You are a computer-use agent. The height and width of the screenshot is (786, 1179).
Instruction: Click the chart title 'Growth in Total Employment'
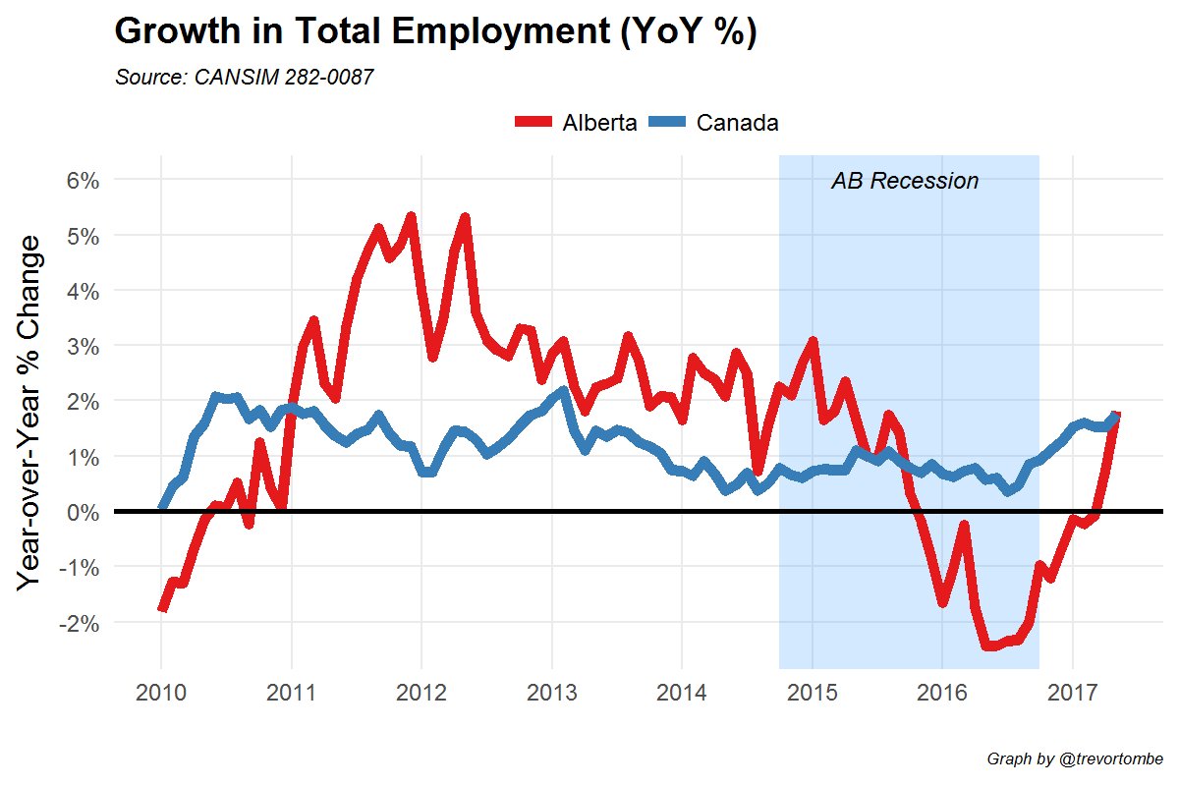click(x=435, y=32)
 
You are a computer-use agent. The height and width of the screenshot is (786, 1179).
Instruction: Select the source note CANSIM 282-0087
click(x=245, y=78)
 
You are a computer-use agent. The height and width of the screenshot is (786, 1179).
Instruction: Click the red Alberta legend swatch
click(x=534, y=123)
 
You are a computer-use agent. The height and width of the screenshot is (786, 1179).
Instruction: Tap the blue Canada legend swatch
click(x=668, y=123)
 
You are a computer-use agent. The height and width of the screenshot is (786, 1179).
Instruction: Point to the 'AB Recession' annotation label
click(x=905, y=181)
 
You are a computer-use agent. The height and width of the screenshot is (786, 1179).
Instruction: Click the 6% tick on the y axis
click(x=81, y=180)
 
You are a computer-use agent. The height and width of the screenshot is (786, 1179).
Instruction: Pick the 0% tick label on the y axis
click(x=81, y=512)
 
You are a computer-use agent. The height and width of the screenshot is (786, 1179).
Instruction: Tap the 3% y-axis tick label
click(x=81, y=346)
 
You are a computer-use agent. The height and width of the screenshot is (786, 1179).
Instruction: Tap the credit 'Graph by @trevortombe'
click(x=1075, y=759)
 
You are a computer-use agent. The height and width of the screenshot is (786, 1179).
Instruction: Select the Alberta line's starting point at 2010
click(x=162, y=608)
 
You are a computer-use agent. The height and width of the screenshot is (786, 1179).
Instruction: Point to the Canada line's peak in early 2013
click(x=562, y=391)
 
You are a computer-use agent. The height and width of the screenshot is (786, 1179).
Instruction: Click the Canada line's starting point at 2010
click(x=162, y=507)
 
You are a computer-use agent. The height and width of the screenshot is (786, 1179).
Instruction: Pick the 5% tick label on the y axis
click(x=81, y=236)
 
